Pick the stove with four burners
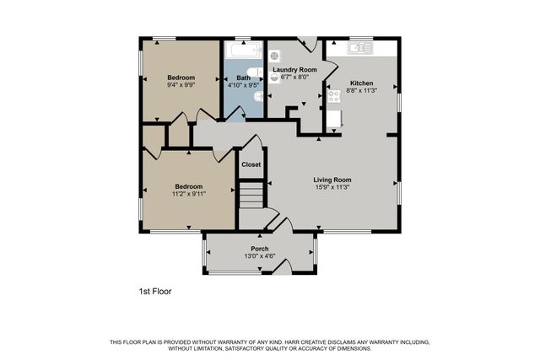333,96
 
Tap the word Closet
251,164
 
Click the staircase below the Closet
251,199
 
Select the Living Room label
332,180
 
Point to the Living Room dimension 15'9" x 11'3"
332,187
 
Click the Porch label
260,248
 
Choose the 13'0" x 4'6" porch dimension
260,255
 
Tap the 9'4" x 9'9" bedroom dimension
181,85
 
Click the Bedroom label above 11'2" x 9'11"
188,186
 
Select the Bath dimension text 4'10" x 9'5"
244,85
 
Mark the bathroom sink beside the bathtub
258,73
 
